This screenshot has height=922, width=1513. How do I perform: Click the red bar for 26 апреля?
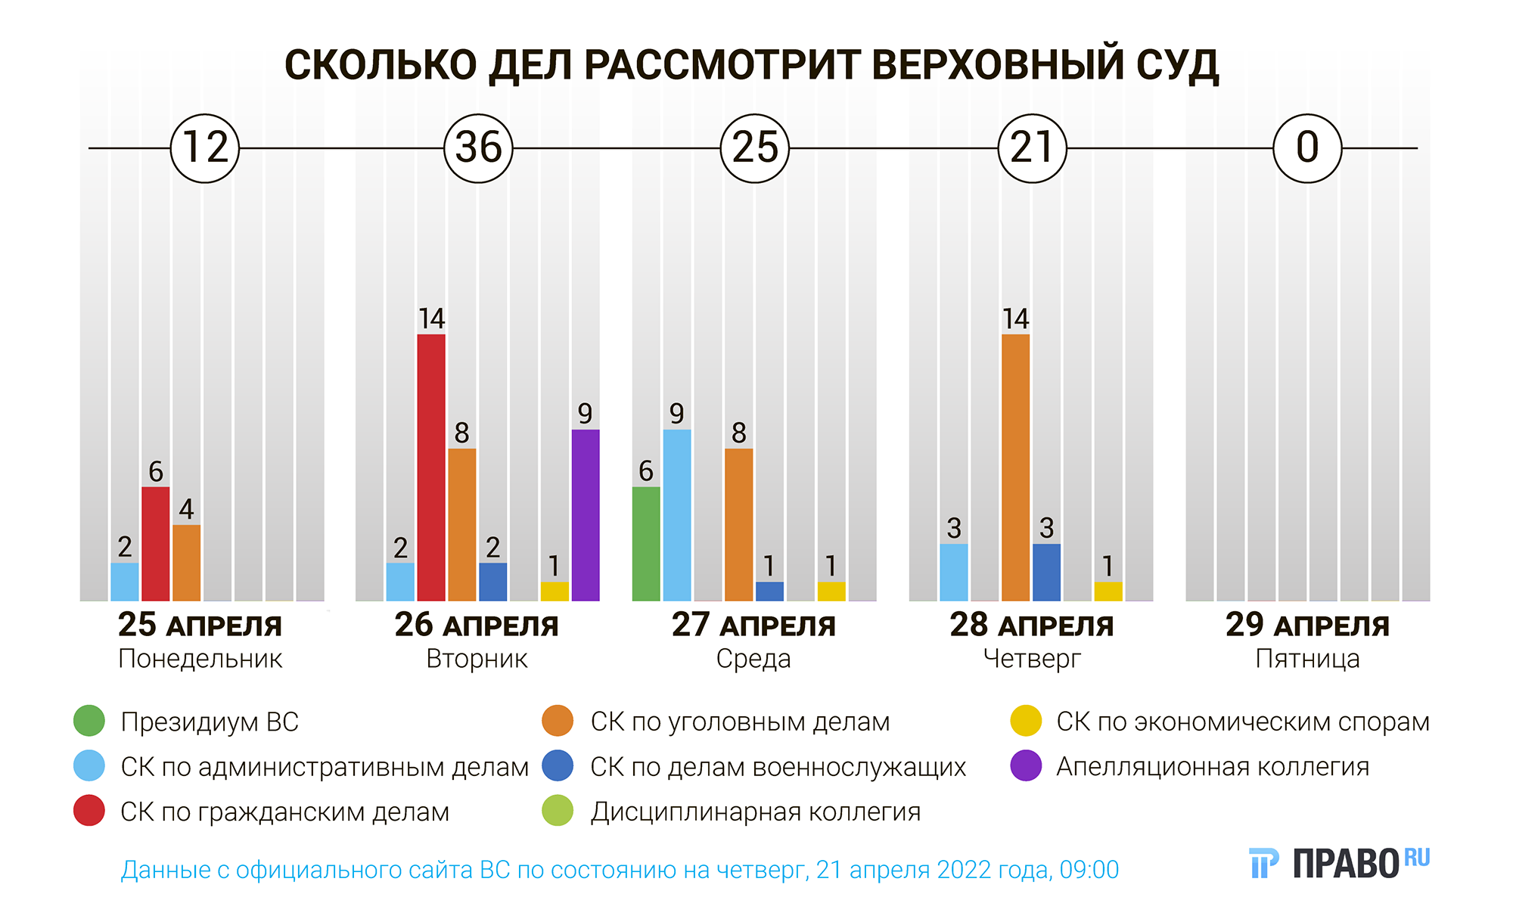coord(431,467)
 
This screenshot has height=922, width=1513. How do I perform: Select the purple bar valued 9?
coord(586,515)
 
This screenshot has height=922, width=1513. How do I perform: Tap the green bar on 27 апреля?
coord(646,544)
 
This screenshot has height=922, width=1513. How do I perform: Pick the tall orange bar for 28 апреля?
coord(1015,467)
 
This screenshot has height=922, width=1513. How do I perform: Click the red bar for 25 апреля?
coord(156,544)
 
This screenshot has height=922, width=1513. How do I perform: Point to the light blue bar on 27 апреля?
coord(677,515)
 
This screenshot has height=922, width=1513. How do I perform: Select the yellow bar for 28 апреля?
coord(1108,591)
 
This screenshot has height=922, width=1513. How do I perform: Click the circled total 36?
coord(478,148)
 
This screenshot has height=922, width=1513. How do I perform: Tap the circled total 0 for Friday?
coord(1307,148)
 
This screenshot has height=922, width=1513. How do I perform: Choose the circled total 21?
coord(1032,148)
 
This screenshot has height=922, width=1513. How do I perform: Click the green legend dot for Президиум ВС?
coord(89,721)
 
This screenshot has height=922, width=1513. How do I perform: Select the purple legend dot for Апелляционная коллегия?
coord(1026,766)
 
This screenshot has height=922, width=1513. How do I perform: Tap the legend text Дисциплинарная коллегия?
coord(755,812)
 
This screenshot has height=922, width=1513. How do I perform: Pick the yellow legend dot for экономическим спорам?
coord(1026,721)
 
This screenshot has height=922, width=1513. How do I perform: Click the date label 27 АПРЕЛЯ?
coord(753,626)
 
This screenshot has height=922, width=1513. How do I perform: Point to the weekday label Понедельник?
coord(200,659)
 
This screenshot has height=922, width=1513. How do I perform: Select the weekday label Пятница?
coord(1307,659)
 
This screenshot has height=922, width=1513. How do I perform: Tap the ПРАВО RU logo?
coord(1339,863)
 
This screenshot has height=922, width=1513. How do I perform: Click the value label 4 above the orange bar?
coord(186,509)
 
